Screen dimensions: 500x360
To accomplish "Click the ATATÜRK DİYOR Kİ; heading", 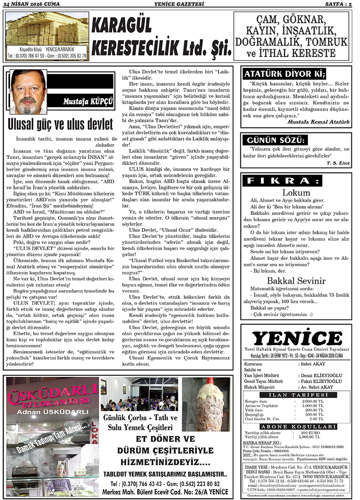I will pos(285,74).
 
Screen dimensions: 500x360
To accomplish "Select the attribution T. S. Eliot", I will pos(337,163).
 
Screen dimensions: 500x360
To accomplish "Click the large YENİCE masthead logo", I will pos(297,338).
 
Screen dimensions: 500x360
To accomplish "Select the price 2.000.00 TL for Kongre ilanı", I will pos(312,401).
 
